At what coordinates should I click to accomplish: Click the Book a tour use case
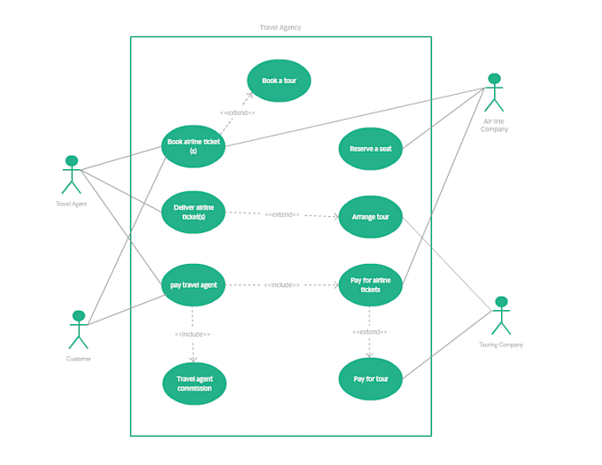pyautogui.click(x=279, y=81)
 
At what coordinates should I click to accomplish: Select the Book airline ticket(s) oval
pyautogui.click(x=193, y=146)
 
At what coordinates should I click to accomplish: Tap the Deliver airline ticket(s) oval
pyautogui.click(x=193, y=213)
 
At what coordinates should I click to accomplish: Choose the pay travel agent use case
pyautogui.click(x=193, y=285)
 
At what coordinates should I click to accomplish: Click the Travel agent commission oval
pyautogui.click(x=194, y=384)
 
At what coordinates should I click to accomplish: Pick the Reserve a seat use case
pyautogui.click(x=370, y=149)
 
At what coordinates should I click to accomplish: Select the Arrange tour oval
pyautogui.click(x=370, y=217)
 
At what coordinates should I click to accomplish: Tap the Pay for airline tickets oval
pyautogui.click(x=370, y=285)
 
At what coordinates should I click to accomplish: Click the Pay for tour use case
pyautogui.click(x=370, y=379)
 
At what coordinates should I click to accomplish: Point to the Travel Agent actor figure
pyautogui.click(x=71, y=174)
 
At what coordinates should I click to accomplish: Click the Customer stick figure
pyautogui.click(x=79, y=329)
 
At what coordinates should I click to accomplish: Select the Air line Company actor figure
pyautogui.click(x=494, y=93)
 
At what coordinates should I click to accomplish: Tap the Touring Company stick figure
pyautogui.click(x=501, y=315)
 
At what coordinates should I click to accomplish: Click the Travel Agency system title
pyautogui.click(x=280, y=27)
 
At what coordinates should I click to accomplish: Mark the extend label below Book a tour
pyautogui.click(x=237, y=112)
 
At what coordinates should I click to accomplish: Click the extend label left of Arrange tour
pyautogui.click(x=282, y=214)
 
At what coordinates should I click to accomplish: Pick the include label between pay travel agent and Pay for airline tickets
pyautogui.click(x=282, y=285)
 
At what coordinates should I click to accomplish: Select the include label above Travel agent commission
pyautogui.click(x=193, y=334)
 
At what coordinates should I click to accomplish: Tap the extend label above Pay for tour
pyautogui.click(x=370, y=331)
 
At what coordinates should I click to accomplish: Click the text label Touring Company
pyautogui.click(x=501, y=345)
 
